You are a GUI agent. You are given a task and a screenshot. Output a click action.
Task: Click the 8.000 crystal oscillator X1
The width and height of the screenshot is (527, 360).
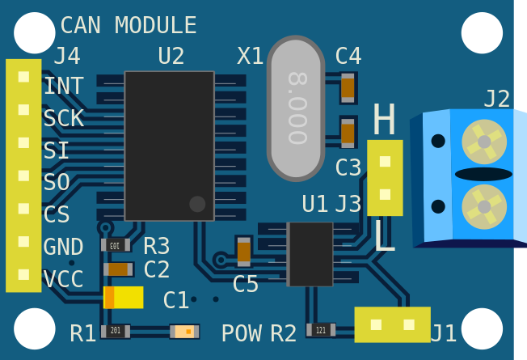[296, 108]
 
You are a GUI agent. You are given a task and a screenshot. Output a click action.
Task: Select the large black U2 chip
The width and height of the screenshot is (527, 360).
[170, 146]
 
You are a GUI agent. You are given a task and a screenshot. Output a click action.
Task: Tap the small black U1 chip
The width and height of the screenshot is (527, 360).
[310, 254]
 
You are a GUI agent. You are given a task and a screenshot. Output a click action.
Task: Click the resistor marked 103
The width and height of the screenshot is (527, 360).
[116, 245]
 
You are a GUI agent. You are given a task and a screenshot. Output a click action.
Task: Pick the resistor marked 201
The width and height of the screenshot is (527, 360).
[116, 332]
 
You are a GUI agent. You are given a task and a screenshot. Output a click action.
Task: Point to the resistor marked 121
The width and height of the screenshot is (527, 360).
[321, 330]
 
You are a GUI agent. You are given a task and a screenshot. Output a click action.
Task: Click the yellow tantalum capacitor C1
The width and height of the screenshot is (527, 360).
[124, 298]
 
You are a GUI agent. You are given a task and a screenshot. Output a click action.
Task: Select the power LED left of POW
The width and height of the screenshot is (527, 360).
[184, 332]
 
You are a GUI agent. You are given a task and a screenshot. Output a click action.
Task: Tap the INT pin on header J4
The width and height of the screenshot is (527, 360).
[23, 77]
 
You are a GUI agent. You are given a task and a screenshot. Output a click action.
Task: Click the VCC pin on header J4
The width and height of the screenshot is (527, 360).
[23, 274]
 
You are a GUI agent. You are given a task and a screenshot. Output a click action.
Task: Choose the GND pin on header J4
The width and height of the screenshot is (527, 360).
[23, 242]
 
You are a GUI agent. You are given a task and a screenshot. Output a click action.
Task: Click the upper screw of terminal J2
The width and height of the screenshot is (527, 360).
[484, 142]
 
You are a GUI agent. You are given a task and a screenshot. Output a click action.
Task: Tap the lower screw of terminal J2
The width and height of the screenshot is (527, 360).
[484, 207]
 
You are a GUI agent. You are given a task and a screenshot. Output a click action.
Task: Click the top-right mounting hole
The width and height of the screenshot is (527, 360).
[482, 33]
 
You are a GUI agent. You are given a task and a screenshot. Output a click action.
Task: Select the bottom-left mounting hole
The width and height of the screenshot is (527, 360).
[35, 328]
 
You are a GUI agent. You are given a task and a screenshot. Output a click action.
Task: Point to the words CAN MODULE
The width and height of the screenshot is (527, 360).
[129, 25]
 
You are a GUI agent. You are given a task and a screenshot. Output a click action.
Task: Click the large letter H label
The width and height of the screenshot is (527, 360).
[384, 119]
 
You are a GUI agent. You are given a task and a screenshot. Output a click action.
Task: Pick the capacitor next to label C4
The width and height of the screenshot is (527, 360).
[348, 88]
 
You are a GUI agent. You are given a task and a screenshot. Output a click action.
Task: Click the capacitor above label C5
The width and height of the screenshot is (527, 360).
[244, 252]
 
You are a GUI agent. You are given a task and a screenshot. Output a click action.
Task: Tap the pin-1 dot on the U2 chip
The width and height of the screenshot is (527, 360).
[197, 204]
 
